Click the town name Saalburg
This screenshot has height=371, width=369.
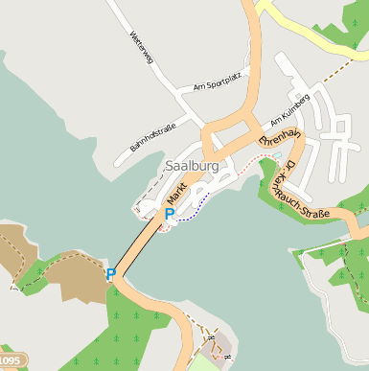(192, 166)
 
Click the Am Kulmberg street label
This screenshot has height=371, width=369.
(289, 110)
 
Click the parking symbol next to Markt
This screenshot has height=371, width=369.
(170, 214)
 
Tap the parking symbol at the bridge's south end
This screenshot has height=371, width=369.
(111, 274)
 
